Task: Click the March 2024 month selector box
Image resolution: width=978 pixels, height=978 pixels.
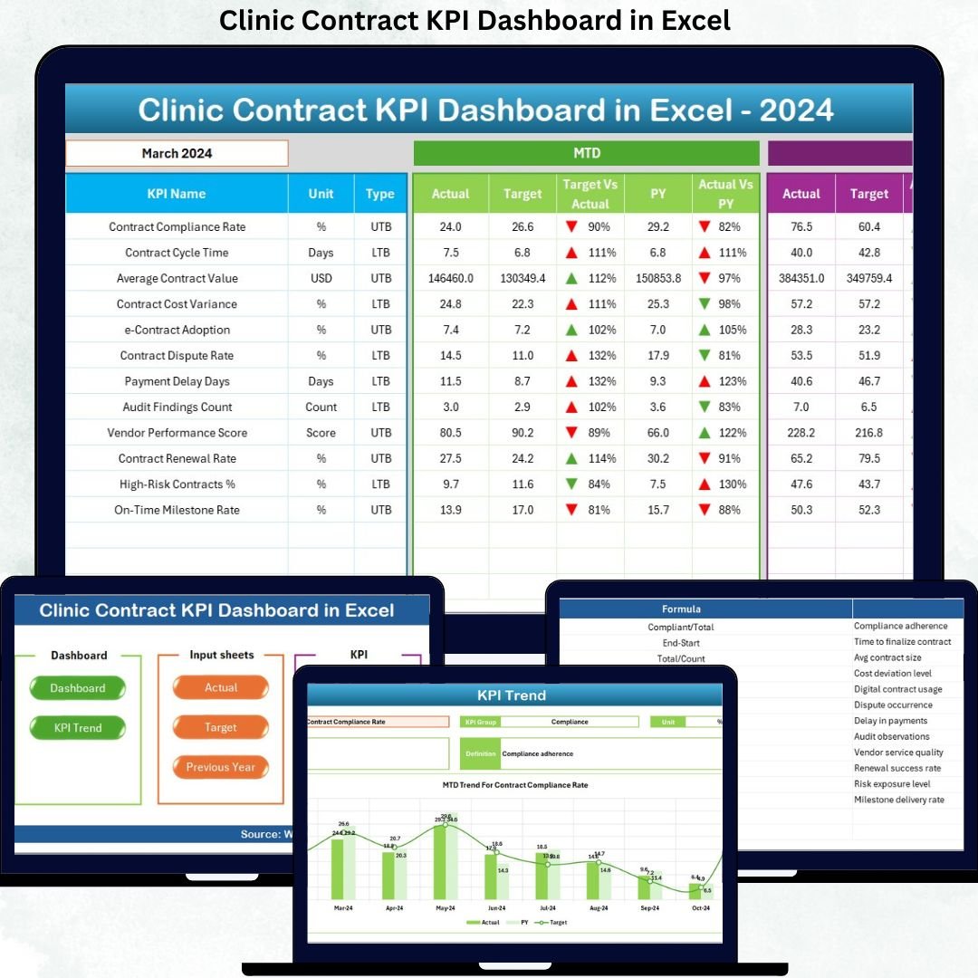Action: tap(177, 153)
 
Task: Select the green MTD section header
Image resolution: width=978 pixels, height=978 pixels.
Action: tap(586, 153)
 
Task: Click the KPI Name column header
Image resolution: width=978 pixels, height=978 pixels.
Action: tap(177, 194)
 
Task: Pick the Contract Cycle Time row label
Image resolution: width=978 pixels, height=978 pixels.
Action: tap(177, 253)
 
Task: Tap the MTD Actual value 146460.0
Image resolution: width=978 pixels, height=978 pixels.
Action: tap(451, 278)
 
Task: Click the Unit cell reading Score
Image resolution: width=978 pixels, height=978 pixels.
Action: tap(321, 433)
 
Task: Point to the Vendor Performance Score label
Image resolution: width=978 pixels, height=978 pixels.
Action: tap(177, 433)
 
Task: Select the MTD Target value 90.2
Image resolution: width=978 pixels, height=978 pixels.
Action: tap(523, 433)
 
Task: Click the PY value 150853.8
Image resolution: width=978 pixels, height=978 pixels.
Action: tap(658, 278)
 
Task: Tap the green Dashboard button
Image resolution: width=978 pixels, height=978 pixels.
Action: tap(78, 688)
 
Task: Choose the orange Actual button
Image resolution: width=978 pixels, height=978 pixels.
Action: tap(221, 687)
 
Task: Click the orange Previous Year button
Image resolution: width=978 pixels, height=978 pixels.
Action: tap(221, 767)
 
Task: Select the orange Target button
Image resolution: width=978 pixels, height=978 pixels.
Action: tap(221, 727)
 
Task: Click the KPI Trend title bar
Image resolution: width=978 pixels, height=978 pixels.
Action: tap(513, 695)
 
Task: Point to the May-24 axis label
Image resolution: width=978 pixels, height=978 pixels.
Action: tap(446, 907)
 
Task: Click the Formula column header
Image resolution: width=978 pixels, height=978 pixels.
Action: tap(681, 609)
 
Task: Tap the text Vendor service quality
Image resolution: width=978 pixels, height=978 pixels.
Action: tap(898, 753)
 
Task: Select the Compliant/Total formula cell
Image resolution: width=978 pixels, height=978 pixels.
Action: tap(681, 627)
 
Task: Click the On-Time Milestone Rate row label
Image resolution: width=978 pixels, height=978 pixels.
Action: tap(177, 510)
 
